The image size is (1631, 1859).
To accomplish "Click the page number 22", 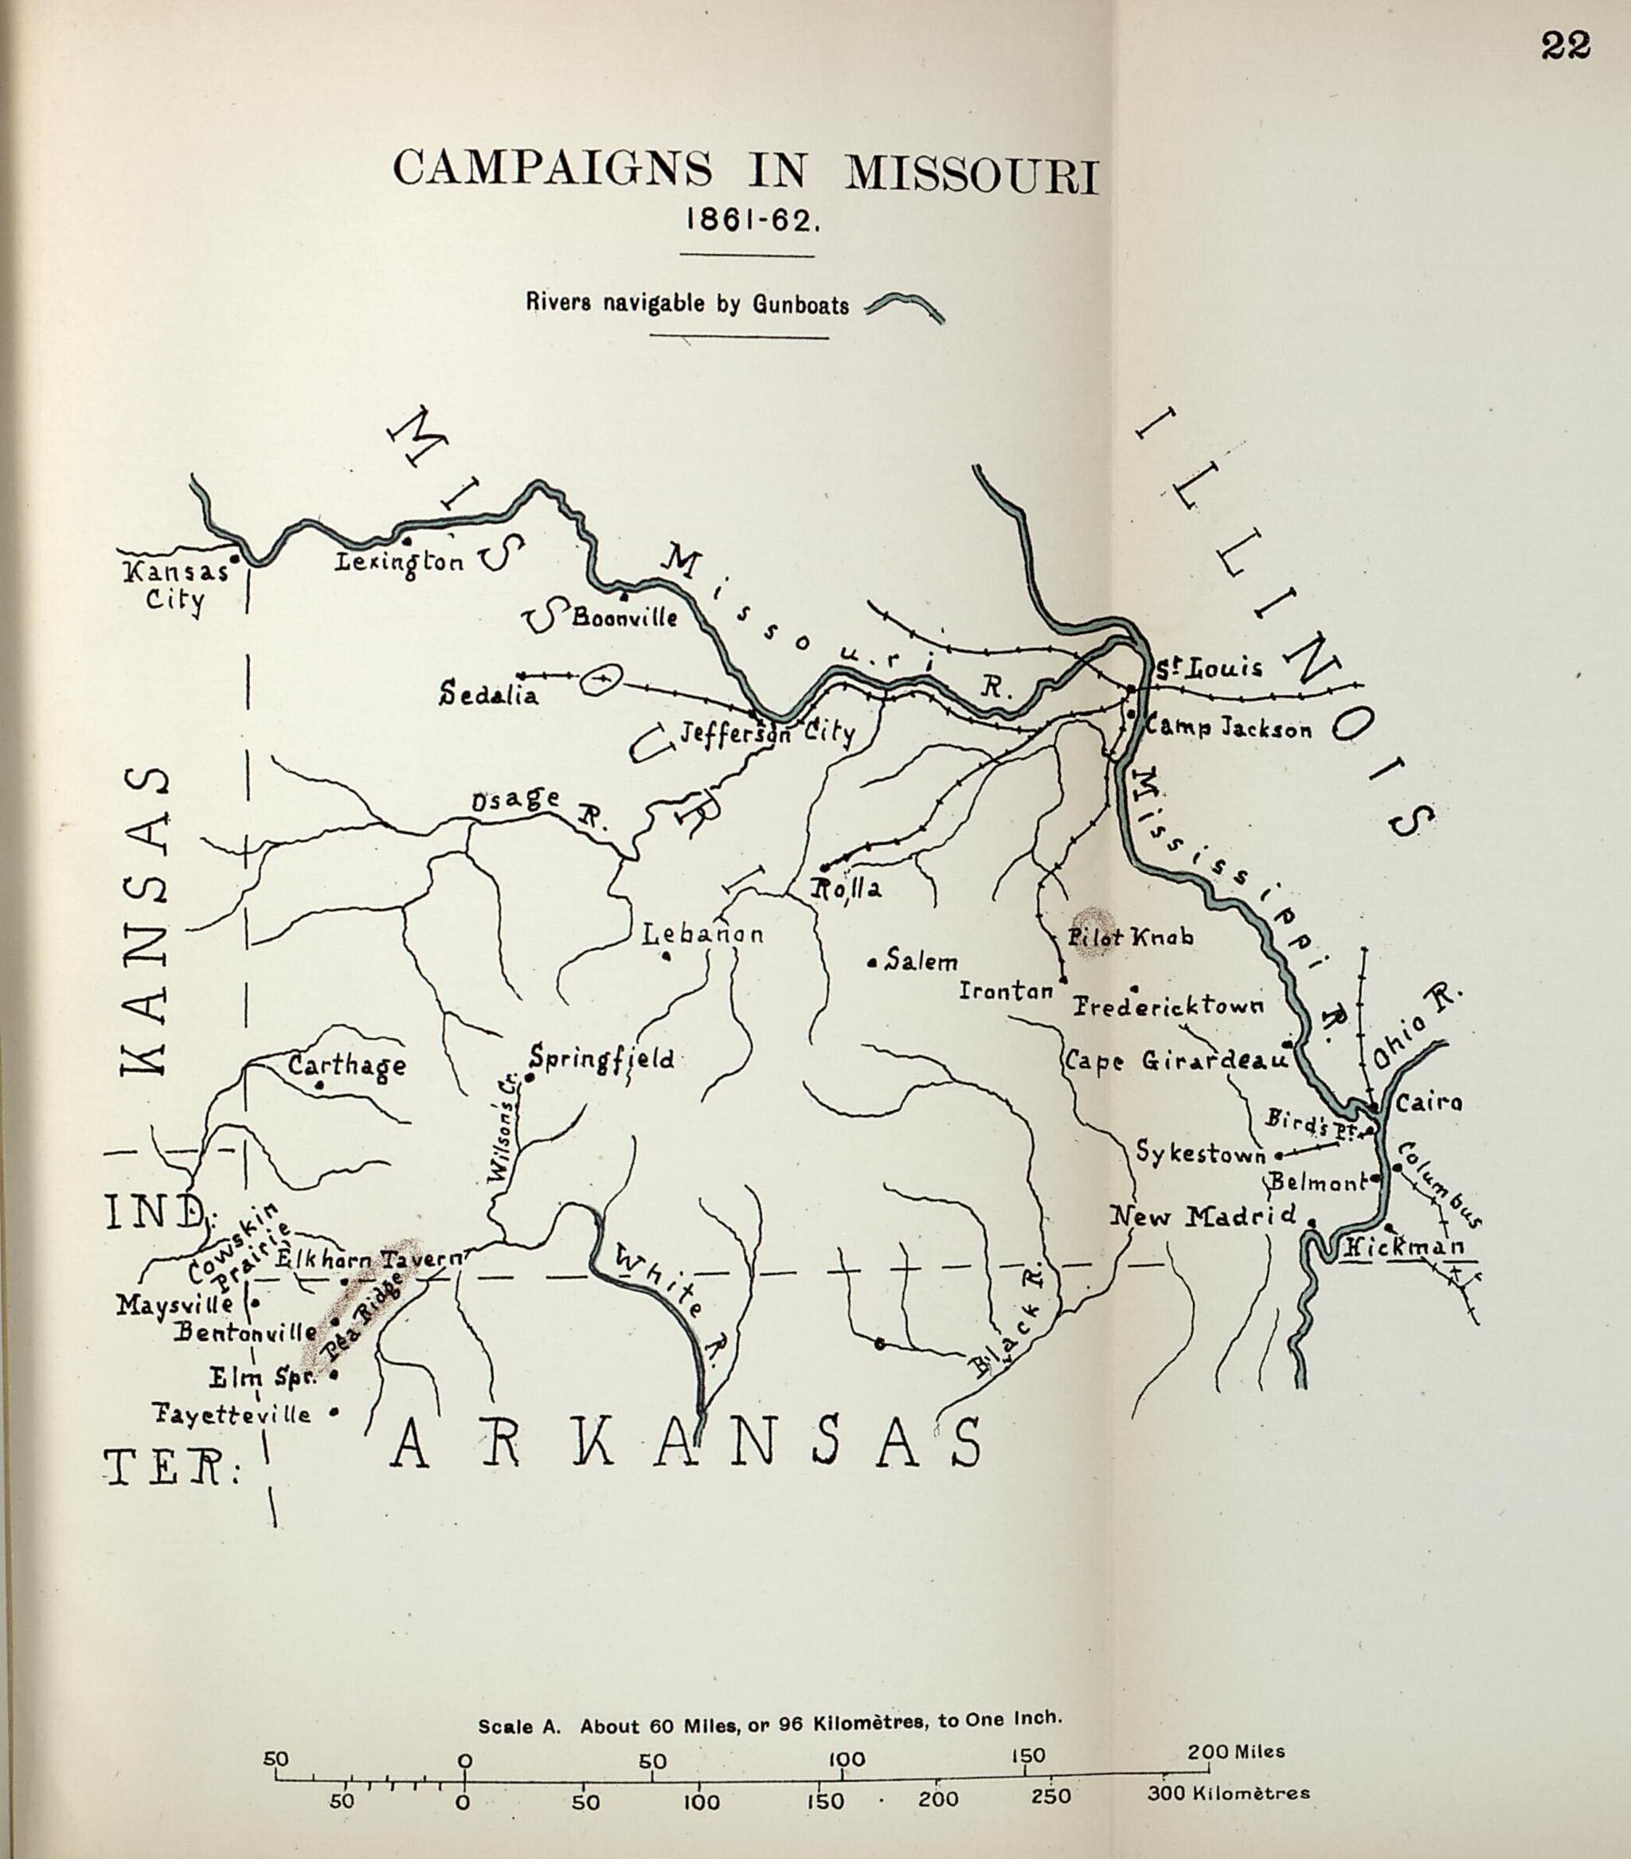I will [x=1566, y=46].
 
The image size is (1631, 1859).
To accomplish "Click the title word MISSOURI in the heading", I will [x=972, y=174].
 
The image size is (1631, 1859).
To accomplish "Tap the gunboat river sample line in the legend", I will [x=903, y=307].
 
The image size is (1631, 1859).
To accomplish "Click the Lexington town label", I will [x=399, y=562].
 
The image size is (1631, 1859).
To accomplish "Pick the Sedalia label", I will [x=488, y=696].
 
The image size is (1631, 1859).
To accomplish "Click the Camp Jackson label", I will [x=1228, y=728].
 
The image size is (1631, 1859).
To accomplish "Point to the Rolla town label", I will [x=847, y=888].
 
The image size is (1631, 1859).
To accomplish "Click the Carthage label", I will [x=347, y=1065].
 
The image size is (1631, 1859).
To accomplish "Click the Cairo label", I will [x=1428, y=1104].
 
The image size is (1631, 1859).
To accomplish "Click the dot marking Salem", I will [x=871, y=963].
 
